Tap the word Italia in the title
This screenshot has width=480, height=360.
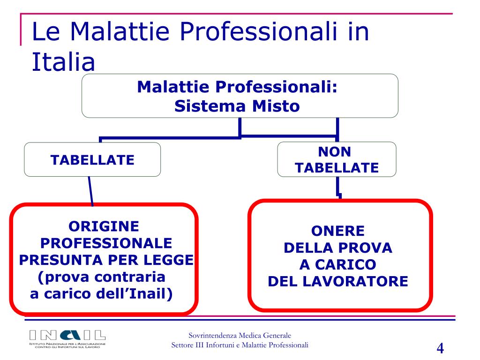point(63,62)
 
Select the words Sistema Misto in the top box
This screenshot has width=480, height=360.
point(237,106)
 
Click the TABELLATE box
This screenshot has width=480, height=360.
point(92,160)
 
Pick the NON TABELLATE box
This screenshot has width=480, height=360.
point(337,159)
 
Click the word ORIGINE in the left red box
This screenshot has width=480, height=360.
point(104,226)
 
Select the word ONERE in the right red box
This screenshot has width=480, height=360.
point(338,231)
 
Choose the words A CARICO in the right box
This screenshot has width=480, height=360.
point(338,265)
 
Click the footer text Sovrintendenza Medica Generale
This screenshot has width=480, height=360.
point(240,335)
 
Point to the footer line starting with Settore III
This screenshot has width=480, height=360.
point(240,345)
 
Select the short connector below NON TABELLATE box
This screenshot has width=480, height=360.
point(338,189)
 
